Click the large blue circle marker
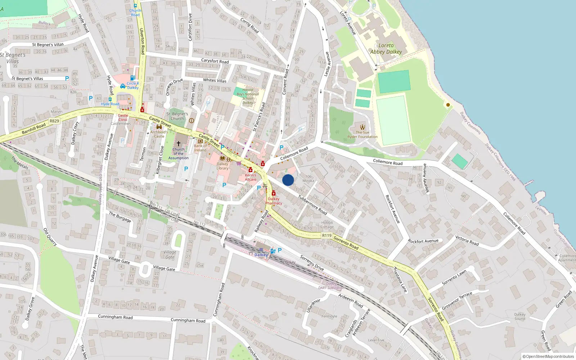click(x=288, y=180)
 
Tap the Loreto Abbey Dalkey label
click(x=386, y=49)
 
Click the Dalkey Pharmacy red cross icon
click(x=274, y=193)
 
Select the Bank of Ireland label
click(x=200, y=148)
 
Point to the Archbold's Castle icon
click(x=159, y=127)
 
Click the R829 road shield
click(x=54, y=121)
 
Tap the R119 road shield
click(x=327, y=235)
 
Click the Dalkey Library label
click(x=222, y=166)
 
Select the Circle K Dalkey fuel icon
click(x=132, y=78)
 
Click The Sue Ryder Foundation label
click(x=363, y=134)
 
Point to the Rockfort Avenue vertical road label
click(x=392, y=209)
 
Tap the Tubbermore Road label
click(x=312, y=205)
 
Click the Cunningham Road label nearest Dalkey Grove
click(x=115, y=317)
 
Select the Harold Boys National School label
click(x=248, y=96)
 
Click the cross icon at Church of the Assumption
click(x=178, y=143)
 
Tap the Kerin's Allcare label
click(x=251, y=177)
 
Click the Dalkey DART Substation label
click(x=331, y=285)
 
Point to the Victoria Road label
click(x=467, y=240)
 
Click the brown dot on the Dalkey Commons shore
click(x=448, y=105)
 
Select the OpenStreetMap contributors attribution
click(x=548, y=356)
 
